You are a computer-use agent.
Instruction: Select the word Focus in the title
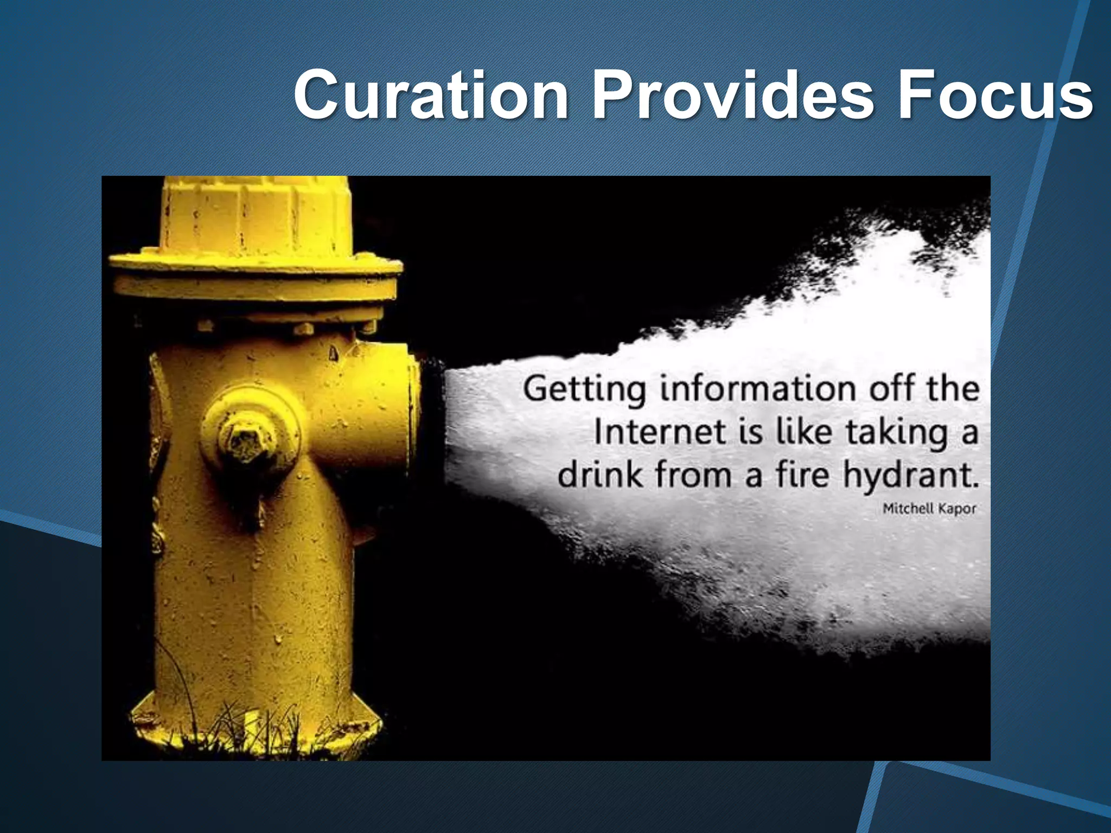[x=995, y=95]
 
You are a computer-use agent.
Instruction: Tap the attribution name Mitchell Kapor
[x=929, y=509]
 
